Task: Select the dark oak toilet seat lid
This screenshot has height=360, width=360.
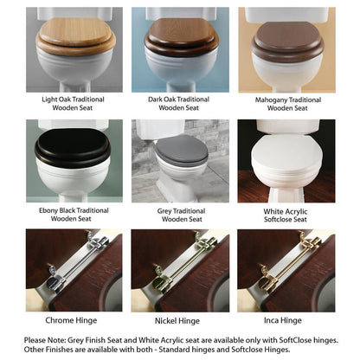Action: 182,33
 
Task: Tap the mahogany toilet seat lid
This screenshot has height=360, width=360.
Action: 287,35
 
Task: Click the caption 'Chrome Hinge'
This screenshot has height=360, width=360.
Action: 71,320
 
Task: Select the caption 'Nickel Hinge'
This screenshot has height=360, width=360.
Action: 177,321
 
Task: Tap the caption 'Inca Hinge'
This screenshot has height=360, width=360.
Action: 283,320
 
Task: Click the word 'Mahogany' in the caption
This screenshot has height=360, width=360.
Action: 271,100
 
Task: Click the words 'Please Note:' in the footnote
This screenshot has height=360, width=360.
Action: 45,340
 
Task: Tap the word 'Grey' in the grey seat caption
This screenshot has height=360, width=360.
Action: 164,211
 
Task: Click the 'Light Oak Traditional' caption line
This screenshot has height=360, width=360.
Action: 73,100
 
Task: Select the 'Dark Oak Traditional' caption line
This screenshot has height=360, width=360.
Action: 178,100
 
